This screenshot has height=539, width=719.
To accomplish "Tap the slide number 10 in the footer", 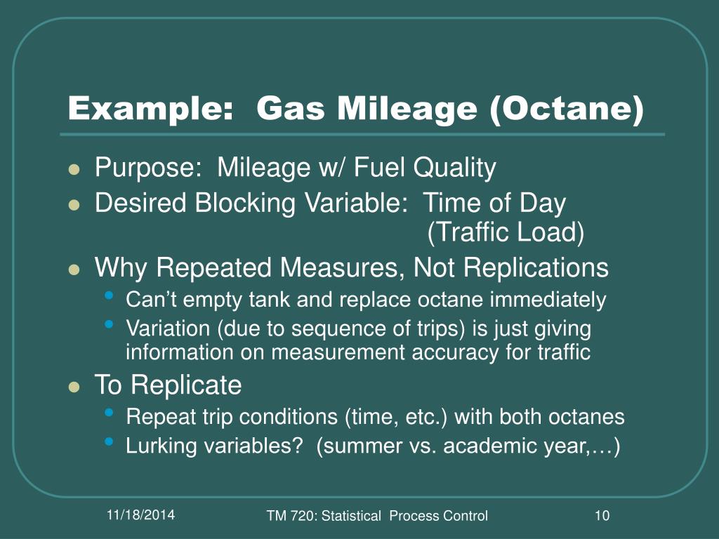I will (601, 516).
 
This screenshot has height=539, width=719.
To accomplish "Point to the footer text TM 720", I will (289, 516).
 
